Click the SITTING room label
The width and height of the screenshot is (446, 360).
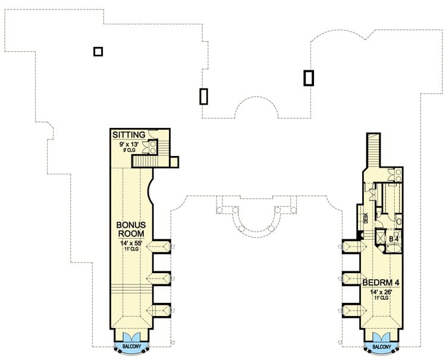[x=129, y=134]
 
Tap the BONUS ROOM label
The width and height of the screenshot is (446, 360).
[x=131, y=229]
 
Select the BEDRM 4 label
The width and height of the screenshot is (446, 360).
[x=381, y=283]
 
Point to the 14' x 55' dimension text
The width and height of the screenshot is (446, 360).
[x=131, y=243]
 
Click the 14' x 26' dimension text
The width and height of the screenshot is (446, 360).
[x=381, y=292]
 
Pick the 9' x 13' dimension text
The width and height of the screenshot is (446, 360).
[x=129, y=144]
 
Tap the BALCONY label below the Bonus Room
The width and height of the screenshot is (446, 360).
[x=131, y=346]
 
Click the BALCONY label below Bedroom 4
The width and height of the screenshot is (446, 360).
[x=382, y=347]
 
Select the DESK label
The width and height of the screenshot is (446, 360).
[x=366, y=218]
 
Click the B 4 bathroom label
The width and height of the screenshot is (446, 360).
[x=394, y=239]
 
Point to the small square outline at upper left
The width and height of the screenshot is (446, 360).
[x=98, y=52]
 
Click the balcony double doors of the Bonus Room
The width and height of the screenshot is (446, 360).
[x=131, y=336]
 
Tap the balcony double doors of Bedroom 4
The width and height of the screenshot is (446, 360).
[x=382, y=337]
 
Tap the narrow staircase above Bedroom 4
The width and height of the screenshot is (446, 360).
[x=373, y=151]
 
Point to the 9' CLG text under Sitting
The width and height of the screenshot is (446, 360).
[x=129, y=150]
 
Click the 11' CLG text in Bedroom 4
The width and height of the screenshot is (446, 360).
[x=381, y=298]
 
